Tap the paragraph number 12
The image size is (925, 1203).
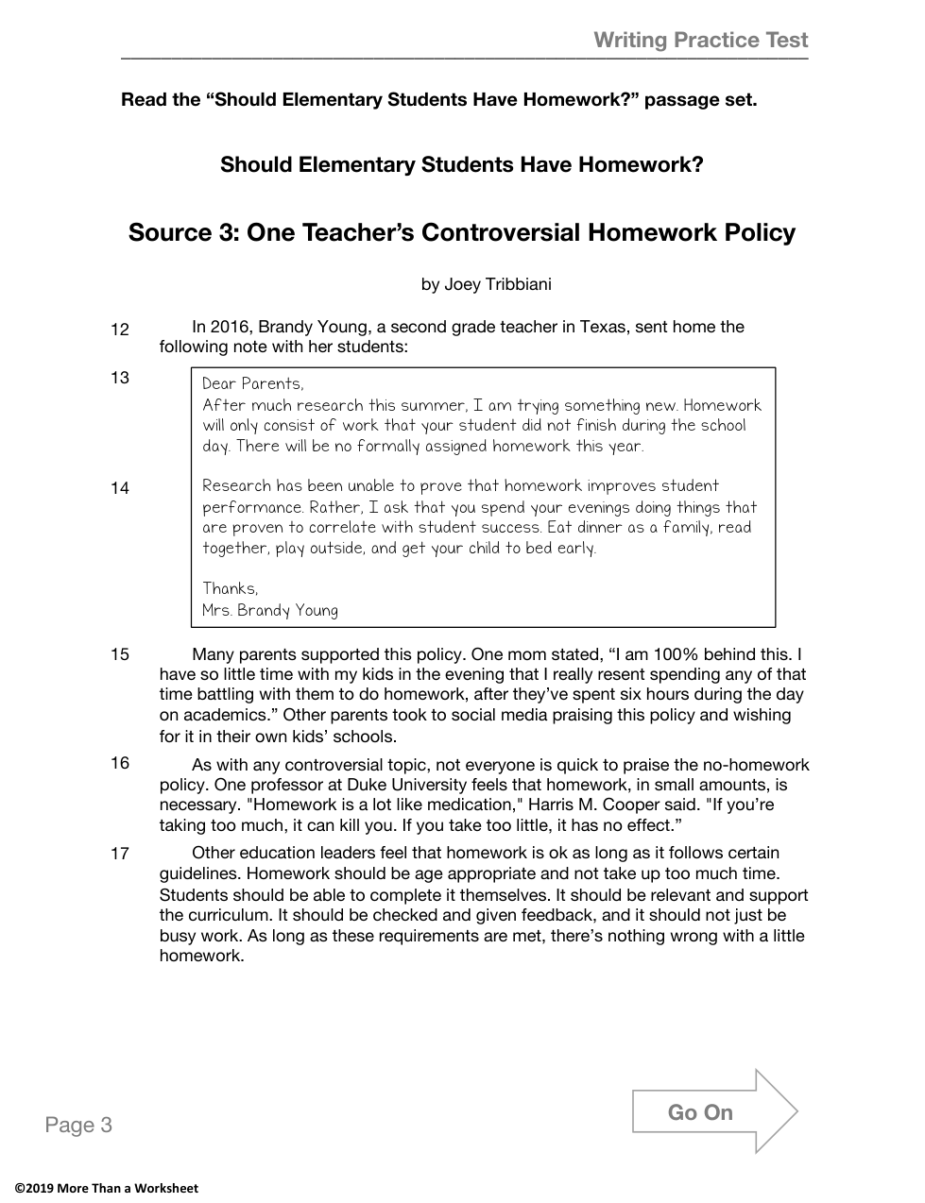(x=120, y=330)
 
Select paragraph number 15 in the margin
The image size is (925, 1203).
(x=120, y=654)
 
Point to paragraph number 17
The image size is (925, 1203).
(x=120, y=854)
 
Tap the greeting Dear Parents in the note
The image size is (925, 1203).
(x=253, y=383)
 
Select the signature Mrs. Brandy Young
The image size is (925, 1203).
(x=270, y=610)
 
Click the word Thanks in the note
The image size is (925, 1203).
(x=230, y=588)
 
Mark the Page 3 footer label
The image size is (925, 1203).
(x=78, y=1125)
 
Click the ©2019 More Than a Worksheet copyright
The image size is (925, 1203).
(x=106, y=1188)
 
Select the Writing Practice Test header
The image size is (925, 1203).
(x=701, y=40)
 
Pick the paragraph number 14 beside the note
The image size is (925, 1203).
(x=120, y=488)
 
